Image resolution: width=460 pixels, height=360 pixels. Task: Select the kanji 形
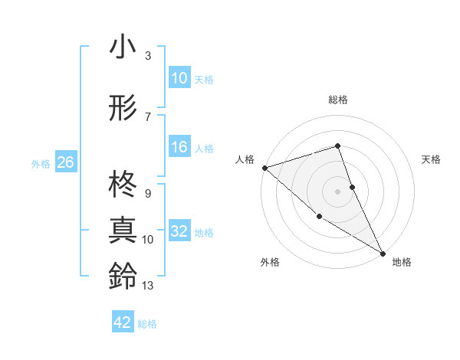tap(123, 110)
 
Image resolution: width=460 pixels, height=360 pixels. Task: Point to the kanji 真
tap(123, 230)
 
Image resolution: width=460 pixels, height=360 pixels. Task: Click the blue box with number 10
tap(179, 78)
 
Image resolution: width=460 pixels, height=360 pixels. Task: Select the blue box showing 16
tap(179, 148)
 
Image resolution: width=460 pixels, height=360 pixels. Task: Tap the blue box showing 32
tap(179, 232)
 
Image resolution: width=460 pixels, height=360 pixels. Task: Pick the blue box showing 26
tap(65, 162)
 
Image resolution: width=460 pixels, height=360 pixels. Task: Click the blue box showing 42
tap(123, 322)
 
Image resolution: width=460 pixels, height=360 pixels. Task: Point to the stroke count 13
tap(148, 286)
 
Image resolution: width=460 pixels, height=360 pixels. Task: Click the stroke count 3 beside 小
tap(148, 56)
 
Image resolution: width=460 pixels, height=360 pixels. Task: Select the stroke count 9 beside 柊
tap(147, 194)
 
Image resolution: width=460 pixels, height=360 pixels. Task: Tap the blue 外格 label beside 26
tap(41, 163)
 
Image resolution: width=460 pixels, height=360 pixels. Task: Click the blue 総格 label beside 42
tap(147, 324)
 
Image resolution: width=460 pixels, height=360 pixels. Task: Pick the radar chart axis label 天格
tap(432, 159)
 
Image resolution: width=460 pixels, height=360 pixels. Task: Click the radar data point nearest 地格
tap(383, 253)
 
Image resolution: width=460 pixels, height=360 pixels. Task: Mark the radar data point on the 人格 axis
tap(264, 167)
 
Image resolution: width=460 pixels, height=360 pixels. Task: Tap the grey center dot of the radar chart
tap(337, 191)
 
